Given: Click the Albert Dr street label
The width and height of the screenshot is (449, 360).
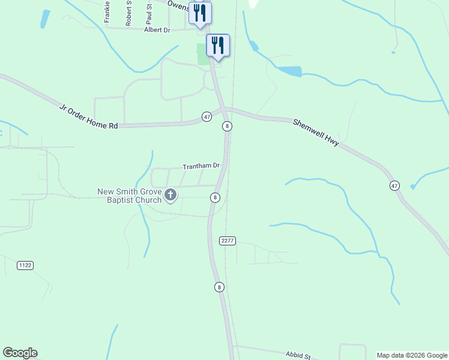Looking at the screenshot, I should point(157,29).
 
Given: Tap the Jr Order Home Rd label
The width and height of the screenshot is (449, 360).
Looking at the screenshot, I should point(88,116).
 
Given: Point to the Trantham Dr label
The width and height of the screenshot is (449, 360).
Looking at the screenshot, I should point(201,166).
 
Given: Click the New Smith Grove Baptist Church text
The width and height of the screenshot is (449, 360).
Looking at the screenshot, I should point(130,196).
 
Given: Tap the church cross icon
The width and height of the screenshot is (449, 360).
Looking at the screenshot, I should point(170,194).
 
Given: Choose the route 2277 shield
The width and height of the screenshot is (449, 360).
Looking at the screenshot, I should point(228,241).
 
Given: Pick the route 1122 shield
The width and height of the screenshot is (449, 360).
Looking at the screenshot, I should point(25,265).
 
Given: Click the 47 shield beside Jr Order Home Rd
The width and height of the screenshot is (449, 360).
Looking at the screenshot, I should point(206,116).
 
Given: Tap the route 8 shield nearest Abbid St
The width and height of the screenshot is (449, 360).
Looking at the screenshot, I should point(220,287).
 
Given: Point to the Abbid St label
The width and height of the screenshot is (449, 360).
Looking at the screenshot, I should point(297,355).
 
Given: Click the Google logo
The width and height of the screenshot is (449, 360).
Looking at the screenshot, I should point(20,353).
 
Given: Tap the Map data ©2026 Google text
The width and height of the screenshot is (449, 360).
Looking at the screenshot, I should point(412,355).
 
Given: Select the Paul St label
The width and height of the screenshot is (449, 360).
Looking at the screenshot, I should point(149,13).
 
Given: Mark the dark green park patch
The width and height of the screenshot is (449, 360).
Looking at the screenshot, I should point(203,54).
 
